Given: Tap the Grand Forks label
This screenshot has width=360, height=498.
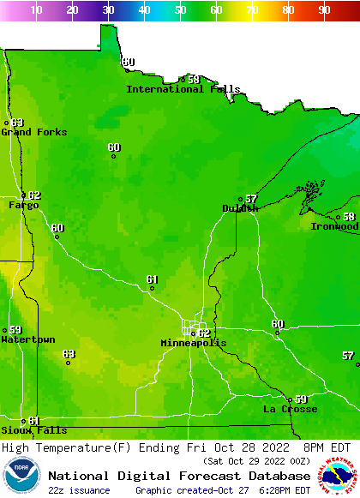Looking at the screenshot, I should pos(27,132).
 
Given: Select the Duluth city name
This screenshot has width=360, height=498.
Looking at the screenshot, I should pos(240,208).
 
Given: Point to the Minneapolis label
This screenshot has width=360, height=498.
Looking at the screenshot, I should pos(194,343).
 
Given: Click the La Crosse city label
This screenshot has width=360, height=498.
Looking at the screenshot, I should pos(290,409).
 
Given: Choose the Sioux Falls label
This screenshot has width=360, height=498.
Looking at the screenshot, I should pos(33,430).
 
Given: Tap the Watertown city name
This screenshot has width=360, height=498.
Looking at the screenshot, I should pos(27,340).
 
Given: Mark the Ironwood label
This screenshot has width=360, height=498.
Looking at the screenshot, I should pos(334,226).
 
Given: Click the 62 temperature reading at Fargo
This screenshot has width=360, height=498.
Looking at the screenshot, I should pos(34,195).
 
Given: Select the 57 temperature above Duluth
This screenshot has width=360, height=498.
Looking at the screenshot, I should pos(251,199).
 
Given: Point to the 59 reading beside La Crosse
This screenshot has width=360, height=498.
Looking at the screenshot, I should pos(301,399).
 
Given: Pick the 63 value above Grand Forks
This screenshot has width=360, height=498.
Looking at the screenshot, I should pos(17,123).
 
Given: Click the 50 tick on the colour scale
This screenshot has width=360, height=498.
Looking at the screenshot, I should pos(180,9).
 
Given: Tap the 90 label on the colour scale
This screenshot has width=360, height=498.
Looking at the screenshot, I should pos(324,9).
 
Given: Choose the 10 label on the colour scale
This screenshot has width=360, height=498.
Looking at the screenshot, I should pos(36,9).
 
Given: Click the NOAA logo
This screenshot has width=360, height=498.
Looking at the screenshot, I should pos(21,476).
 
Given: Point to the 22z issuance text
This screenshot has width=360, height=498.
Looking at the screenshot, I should pos(79,490).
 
